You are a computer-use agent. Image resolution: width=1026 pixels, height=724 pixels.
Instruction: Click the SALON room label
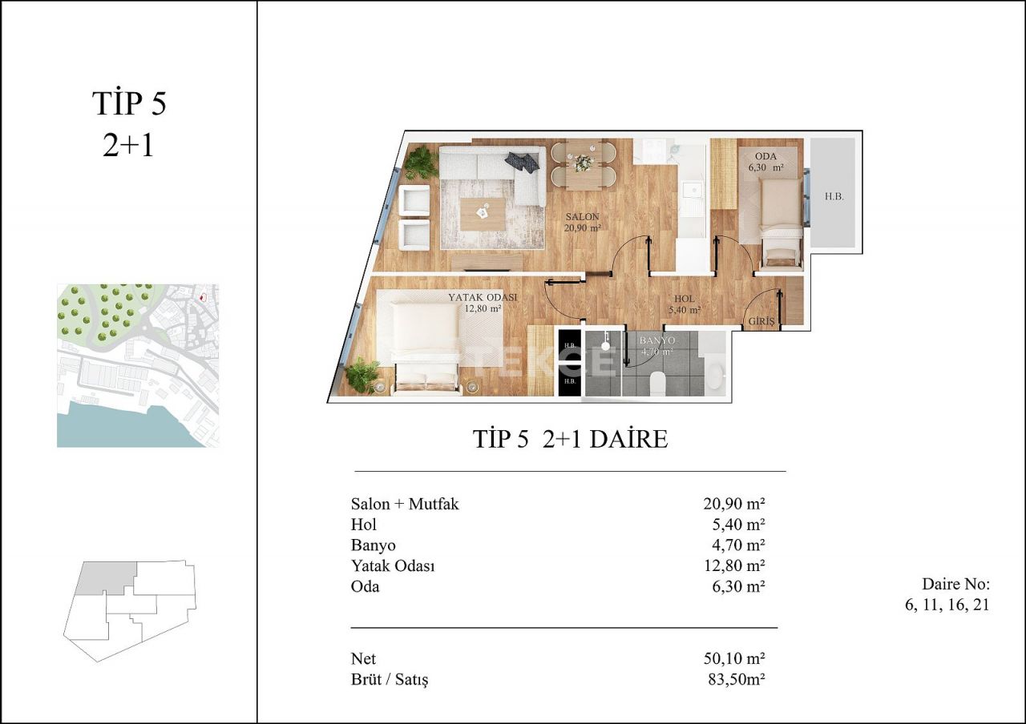[x=582, y=217]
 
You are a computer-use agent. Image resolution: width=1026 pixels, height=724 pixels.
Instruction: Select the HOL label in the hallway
[x=685, y=298]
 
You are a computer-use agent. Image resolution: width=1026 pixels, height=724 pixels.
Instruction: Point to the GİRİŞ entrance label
[x=761, y=322]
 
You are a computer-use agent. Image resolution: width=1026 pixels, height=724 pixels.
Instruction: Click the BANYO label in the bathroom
[x=656, y=340]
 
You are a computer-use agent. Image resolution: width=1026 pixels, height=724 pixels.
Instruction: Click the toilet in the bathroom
[x=657, y=384]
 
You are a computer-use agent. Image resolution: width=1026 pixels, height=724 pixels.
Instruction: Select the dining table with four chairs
[x=583, y=163]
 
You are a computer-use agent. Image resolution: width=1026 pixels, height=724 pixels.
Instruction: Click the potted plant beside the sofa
[x=420, y=163]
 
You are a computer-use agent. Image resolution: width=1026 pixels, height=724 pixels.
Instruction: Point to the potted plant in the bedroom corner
[x=363, y=375]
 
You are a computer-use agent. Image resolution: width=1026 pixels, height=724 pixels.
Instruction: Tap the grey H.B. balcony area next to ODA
[x=834, y=195]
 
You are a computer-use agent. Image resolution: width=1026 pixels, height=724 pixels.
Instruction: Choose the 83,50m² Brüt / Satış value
[x=733, y=679]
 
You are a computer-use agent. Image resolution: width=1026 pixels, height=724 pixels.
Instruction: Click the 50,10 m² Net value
[x=733, y=658]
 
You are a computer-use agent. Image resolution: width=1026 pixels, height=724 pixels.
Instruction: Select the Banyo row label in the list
[x=373, y=545]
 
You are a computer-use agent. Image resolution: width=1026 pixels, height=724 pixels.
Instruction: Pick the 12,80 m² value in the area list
[x=733, y=565]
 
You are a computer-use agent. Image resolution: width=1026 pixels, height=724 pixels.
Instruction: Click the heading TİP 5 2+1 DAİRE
[x=570, y=439]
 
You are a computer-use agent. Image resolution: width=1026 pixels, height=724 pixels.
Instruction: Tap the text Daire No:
[x=955, y=583]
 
